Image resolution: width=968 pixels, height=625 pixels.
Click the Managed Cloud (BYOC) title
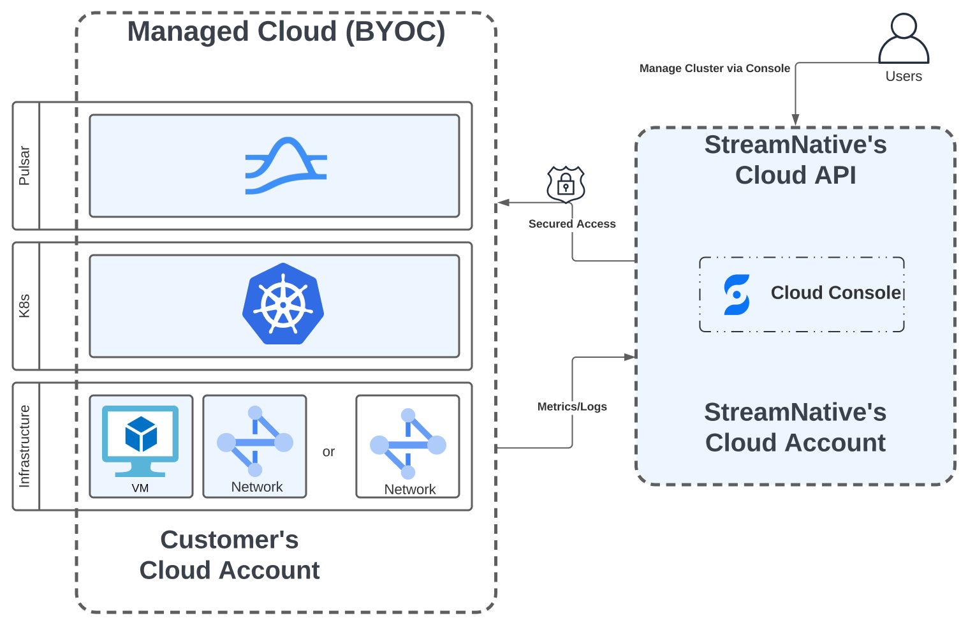(x=286, y=32)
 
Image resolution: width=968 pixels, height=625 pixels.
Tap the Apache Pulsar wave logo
(x=286, y=165)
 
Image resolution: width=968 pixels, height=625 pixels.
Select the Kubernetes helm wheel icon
(x=283, y=304)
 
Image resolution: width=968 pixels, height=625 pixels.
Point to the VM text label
(x=140, y=488)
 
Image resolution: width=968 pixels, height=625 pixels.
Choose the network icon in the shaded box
(x=255, y=441)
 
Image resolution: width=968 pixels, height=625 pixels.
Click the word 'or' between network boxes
(x=328, y=452)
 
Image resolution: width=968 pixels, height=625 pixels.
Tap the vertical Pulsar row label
(x=25, y=166)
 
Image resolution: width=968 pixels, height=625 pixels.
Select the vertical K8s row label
(x=25, y=306)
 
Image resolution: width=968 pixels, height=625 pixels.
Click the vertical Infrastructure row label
(x=25, y=446)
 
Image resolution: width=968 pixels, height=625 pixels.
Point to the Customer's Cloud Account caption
(x=230, y=555)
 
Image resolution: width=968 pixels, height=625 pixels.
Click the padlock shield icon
(x=566, y=184)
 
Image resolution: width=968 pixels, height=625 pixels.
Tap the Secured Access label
(x=572, y=224)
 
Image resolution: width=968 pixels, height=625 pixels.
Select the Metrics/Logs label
(x=572, y=407)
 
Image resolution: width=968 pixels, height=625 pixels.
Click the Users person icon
(x=904, y=38)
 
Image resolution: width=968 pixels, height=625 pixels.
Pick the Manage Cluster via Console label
(x=714, y=68)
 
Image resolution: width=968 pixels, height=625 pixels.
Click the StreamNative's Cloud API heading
(x=795, y=160)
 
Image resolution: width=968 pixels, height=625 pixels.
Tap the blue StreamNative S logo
(x=737, y=295)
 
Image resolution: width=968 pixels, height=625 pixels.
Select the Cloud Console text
(x=835, y=293)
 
